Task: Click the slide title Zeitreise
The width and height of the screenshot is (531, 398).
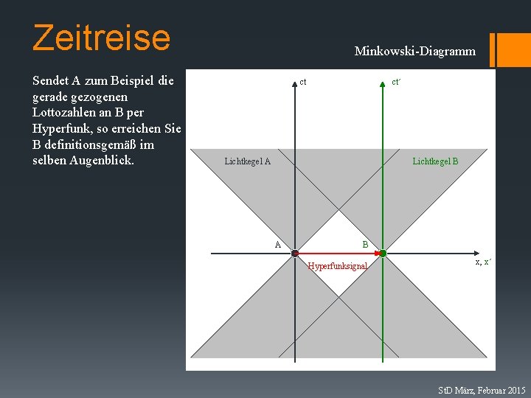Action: coord(101,37)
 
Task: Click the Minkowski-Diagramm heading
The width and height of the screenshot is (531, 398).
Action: coord(414,52)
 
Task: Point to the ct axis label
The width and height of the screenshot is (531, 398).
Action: coord(303,82)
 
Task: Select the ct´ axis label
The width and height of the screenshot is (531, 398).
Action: coord(396,82)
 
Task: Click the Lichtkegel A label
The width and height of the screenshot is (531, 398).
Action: coord(247,161)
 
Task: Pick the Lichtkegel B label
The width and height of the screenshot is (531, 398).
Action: coord(435,161)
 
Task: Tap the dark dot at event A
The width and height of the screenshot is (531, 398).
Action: coord(294,254)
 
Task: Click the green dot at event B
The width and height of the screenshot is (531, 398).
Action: coord(383,254)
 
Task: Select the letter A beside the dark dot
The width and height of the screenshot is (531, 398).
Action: coord(278,244)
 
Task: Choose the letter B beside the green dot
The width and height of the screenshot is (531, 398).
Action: coord(364,244)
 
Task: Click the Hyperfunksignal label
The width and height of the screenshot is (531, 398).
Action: coord(338,266)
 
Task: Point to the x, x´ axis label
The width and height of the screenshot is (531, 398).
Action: coord(483,262)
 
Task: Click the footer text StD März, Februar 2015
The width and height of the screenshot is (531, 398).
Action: coord(482,389)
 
